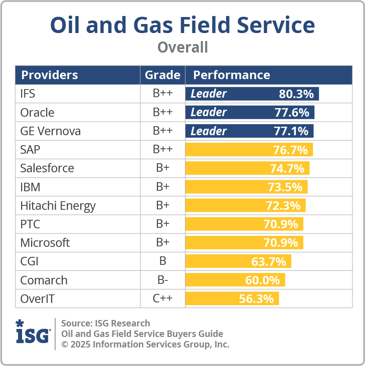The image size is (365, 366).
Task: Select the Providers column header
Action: (49, 75)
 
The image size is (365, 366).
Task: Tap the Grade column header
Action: (162, 75)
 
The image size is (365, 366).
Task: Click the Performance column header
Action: (232, 75)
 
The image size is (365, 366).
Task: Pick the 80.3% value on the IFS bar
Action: (296, 94)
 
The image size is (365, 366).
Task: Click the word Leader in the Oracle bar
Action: (209, 113)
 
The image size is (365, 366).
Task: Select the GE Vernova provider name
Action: (50, 131)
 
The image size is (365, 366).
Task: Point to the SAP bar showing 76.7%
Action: (249, 150)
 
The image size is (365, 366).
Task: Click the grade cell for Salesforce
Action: (162, 168)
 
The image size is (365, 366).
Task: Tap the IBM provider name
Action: (30, 187)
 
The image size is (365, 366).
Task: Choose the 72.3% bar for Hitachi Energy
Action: (245, 205)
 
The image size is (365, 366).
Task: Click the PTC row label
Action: (30, 224)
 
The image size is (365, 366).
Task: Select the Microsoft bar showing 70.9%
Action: (244, 243)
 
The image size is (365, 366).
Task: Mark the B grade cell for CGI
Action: (162, 261)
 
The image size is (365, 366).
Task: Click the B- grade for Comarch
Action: (162, 280)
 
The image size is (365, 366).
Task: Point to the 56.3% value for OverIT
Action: (257, 299)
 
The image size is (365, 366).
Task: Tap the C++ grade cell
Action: (162, 299)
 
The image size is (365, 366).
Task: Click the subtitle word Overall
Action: (182, 47)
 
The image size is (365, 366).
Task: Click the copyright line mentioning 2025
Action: (145, 344)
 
